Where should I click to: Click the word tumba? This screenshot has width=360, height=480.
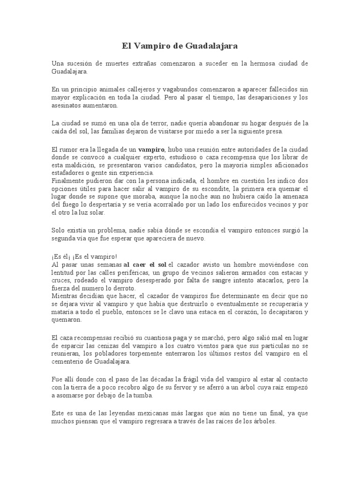(x=156, y=396)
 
